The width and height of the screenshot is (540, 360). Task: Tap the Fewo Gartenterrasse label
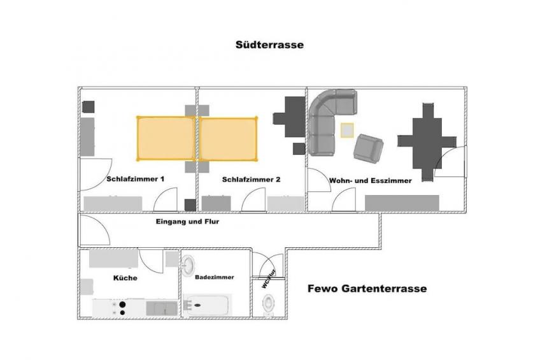point(367,288)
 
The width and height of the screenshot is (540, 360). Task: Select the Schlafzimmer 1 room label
point(136,180)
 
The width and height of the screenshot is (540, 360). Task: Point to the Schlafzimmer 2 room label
point(252,180)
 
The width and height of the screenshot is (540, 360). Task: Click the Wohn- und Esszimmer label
point(371,181)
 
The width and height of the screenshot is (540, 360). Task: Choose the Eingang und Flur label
point(184,222)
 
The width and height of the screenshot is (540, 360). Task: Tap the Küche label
point(125,278)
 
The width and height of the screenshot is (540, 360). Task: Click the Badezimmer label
point(215,277)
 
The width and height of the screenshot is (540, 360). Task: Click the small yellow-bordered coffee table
point(346,131)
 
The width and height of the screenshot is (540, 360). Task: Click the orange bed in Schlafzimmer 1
point(166,138)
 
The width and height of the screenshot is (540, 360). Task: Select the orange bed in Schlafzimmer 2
point(229,138)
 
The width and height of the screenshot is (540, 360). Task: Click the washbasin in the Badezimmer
point(189,266)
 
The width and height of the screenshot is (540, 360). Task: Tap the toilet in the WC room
point(269,304)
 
